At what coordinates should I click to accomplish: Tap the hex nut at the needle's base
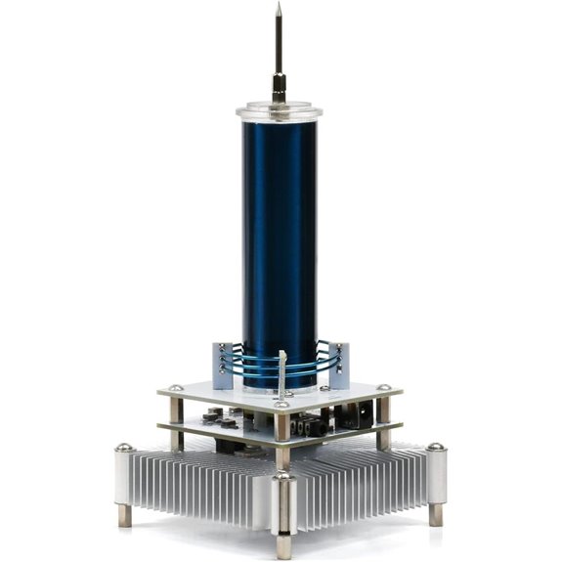tap(279, 95)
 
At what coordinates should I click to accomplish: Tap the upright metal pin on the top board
tap(282, 372)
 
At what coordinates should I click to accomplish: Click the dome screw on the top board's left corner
tap(175, 388)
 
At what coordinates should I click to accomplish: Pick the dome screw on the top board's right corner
tap(384, 387)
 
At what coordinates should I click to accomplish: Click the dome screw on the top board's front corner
tap(281, 403)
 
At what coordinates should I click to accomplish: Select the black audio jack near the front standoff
tap(310, 427)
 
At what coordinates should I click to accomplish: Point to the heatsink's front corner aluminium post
tap(282, 503)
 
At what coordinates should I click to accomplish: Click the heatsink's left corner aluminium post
tap(123, 473)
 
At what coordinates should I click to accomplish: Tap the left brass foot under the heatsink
tap(125, 516)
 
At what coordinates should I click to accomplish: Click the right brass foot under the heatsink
tap(435, 515)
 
